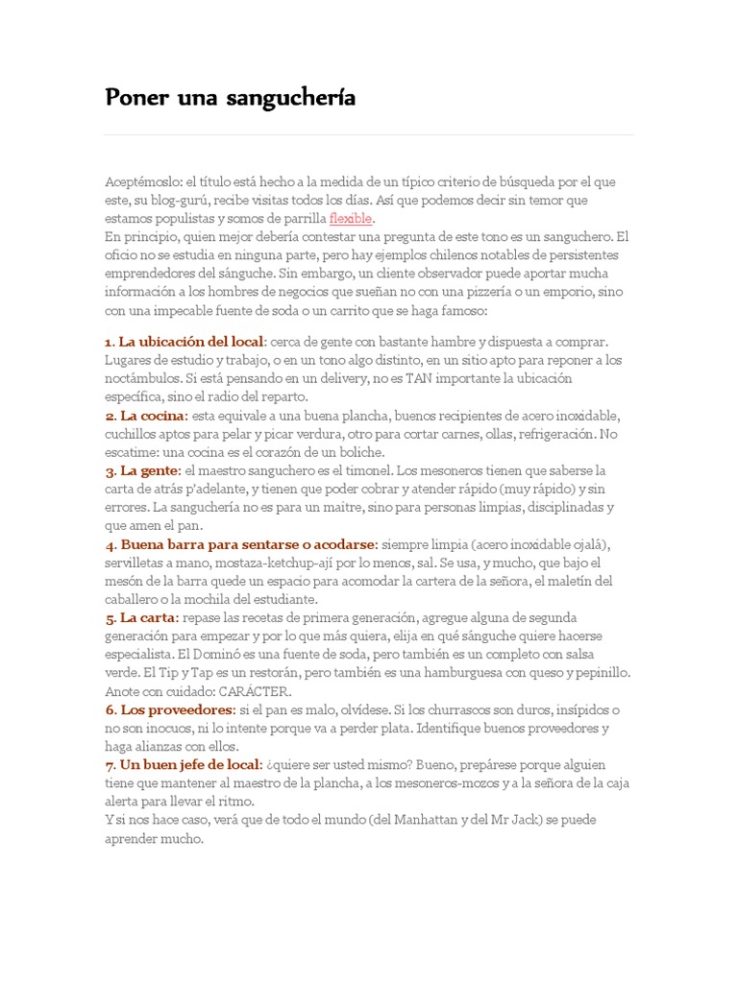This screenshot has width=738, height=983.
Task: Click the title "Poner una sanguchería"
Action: [x=231, y=98]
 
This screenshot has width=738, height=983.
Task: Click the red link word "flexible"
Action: [x=350, y=218]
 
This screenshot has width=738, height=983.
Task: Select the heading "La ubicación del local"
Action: [x=191, y=342]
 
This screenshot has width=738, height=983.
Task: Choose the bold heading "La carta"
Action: [x=148, y=617]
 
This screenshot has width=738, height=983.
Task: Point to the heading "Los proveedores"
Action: [x=176, y=709]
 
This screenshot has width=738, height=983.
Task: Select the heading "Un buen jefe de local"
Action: [x=189, y=764]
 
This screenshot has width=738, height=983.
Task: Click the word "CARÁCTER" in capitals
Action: [x=254, y=691]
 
